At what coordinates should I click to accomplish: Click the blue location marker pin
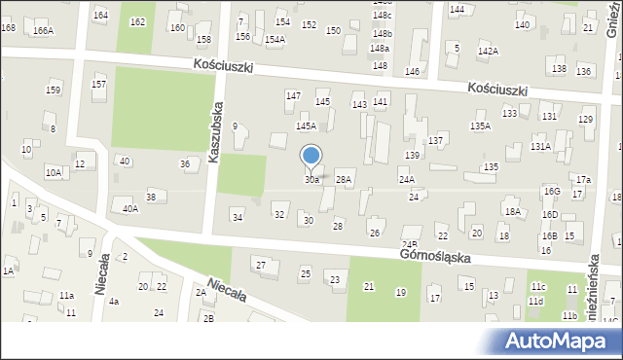point(311,156)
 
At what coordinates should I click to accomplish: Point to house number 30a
point(311,180)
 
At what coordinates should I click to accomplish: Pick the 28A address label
point(343,180)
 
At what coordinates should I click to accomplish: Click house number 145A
point(307,126)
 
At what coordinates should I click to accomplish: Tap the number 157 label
point(98,85)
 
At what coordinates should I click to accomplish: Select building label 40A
point(130,208)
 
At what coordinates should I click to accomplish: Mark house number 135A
point(480,126)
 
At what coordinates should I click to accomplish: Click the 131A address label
point(540,146)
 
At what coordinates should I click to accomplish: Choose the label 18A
point(512,211)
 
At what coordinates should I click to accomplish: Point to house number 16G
point(552,192)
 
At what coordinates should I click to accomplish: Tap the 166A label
point(43,31)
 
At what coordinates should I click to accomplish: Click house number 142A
point(488,51)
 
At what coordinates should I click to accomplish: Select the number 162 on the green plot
point(137,22)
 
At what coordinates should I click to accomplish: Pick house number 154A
point(275,40)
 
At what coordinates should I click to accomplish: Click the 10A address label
point(53,172)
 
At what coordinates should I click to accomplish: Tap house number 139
point(412,156)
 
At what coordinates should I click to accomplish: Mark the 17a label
point(582,180)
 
